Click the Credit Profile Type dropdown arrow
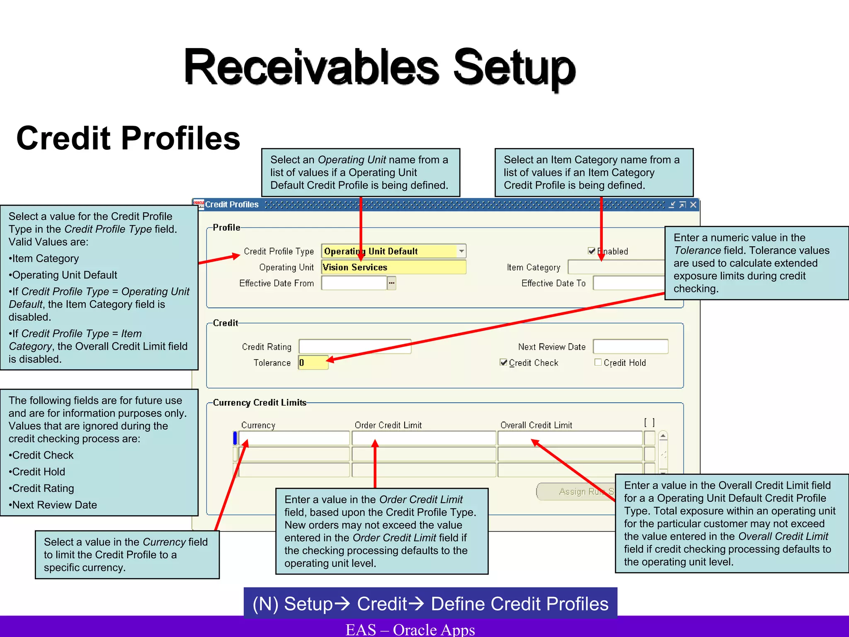pyautogui.click(x=461, y=251)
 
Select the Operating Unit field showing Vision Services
pyautogui.click(x=394, y=267)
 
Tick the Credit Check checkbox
pyautogui.click(x=504, y=362)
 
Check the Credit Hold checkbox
pyautogui.click(x=598, y=362)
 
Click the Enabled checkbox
pyautogui.click(x=592, y=251)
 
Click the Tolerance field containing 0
pyautogui.click(x=313, y=363)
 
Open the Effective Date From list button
pyautogui.click(x=392, y=283)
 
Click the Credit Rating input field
pyautogui.click(x=355, y=347)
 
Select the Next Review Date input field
pyautogui.click(x=630, y=347)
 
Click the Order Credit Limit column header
pyautogui.click(x=388, y=425)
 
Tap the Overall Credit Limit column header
pyautogui.click(x=536, y=425)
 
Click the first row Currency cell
pyautogui.click(x=294, y=438)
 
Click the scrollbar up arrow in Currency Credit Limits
pyautogui.click(x=663, y=436)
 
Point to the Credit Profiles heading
pyautogui.click(x=128, y=138)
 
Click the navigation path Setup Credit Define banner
pyautogui.click(x=430, y=603)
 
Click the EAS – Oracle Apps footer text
pyautogui.click(x=410, y=629)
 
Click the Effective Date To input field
pyautogui.click(x=628, y=283)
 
